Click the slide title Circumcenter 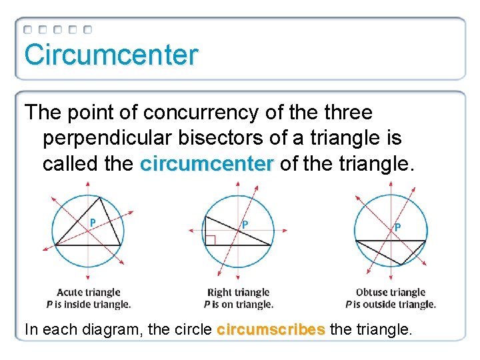point(111,55)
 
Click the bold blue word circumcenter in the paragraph point(207,163)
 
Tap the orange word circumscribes point(271,329)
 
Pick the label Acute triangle point(89,292)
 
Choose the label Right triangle point(238,292)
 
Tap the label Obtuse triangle point(391,292)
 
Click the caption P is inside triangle point(89,304)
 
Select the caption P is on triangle point(238,304)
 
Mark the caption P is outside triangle point(391,304)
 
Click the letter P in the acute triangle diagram point(93,222)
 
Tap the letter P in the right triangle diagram point(245,225)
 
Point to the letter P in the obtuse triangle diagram point(397,227)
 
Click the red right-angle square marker point(210,240)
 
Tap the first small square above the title point(28,30)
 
